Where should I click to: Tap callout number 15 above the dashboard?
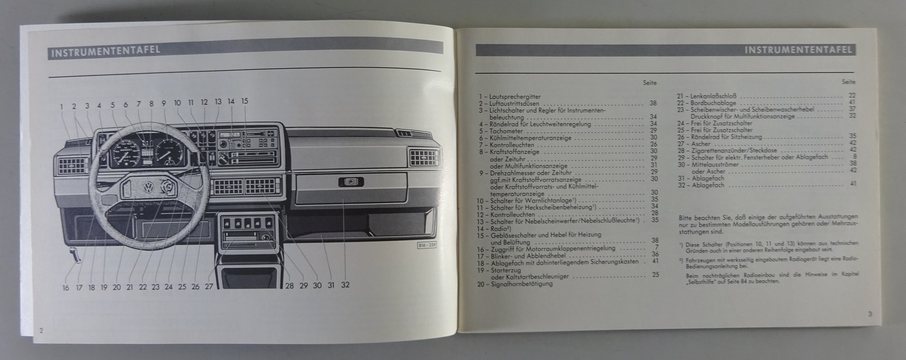[244, 102]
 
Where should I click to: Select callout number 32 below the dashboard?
[344, 285]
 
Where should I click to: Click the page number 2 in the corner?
[41, 330]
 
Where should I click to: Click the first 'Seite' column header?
[649, 83]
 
